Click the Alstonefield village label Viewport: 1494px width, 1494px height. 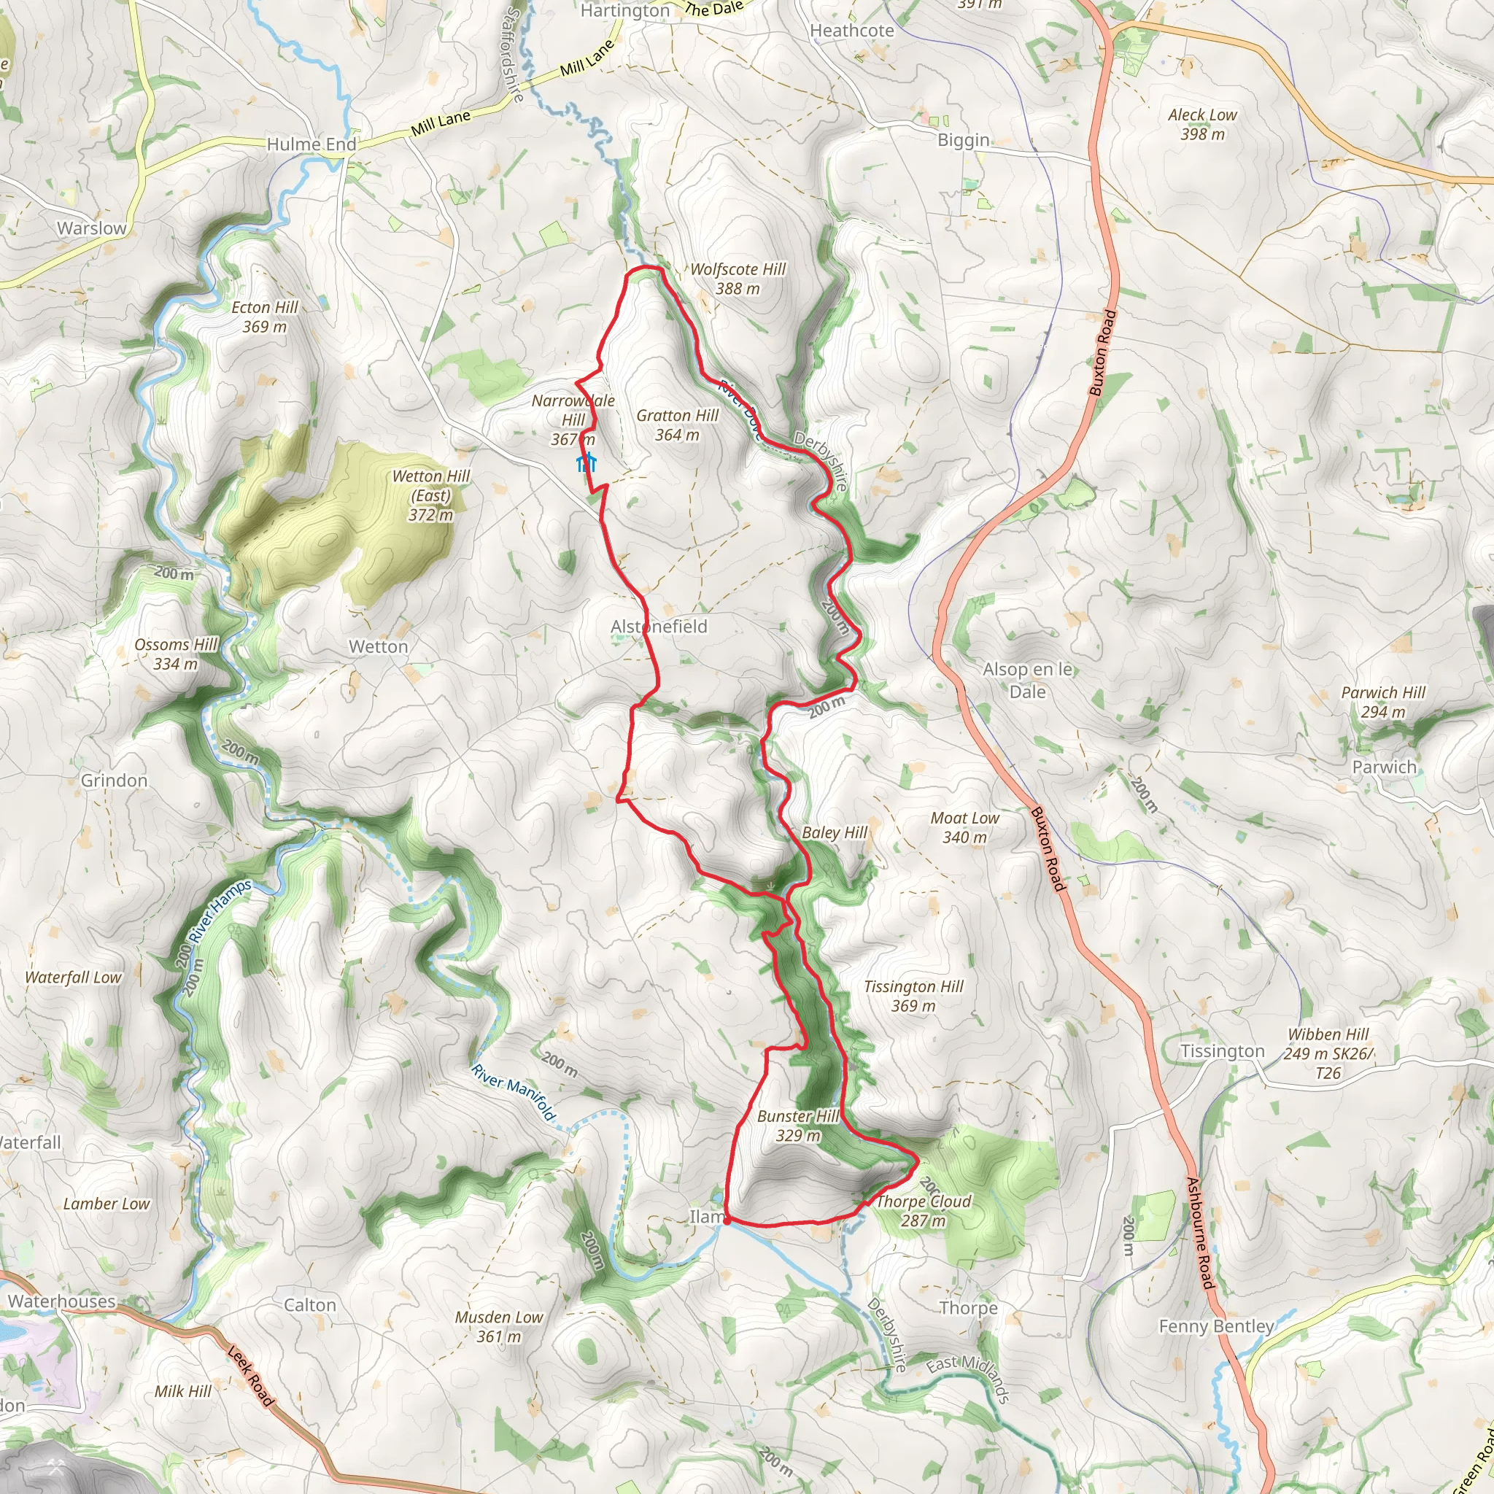click(x=659, y=627)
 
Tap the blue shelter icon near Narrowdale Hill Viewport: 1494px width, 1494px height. click(x=587, y=462)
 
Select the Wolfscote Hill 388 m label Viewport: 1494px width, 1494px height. click(x=738, y=279)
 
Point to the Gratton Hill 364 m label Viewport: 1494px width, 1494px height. click(x=678, y=425)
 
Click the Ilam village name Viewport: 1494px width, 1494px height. click(x=706, y=1216)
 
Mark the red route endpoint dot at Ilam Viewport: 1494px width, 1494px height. click(x=727, y=1220)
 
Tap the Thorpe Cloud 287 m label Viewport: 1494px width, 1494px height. click(x=923, y=1210)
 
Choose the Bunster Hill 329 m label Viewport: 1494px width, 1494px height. click(x=798, y=1125)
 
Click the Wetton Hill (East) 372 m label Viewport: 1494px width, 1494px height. click(x=430, y=495)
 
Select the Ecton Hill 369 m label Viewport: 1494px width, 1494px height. click(x=265, y=317)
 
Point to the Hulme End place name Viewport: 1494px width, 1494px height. click(x=311, y=144)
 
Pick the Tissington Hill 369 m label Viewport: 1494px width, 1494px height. click(x=913, y=995)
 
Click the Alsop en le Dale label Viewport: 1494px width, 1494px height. click(x=1027, y=680)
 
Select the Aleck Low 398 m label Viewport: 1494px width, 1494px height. click(x=1201, y=124)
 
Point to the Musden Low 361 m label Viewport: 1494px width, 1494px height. click(x=499, y=1326)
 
